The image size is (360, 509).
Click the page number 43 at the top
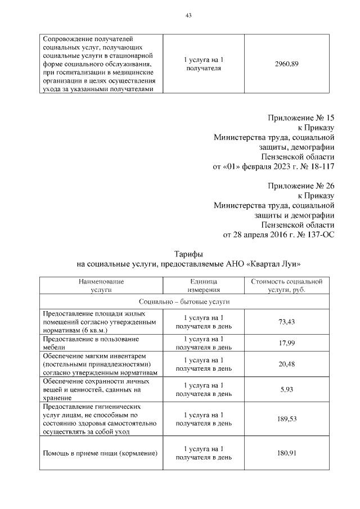coord(188,15)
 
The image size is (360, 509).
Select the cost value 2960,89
coord(286,64)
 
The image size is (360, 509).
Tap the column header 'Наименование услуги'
coord(101,285)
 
